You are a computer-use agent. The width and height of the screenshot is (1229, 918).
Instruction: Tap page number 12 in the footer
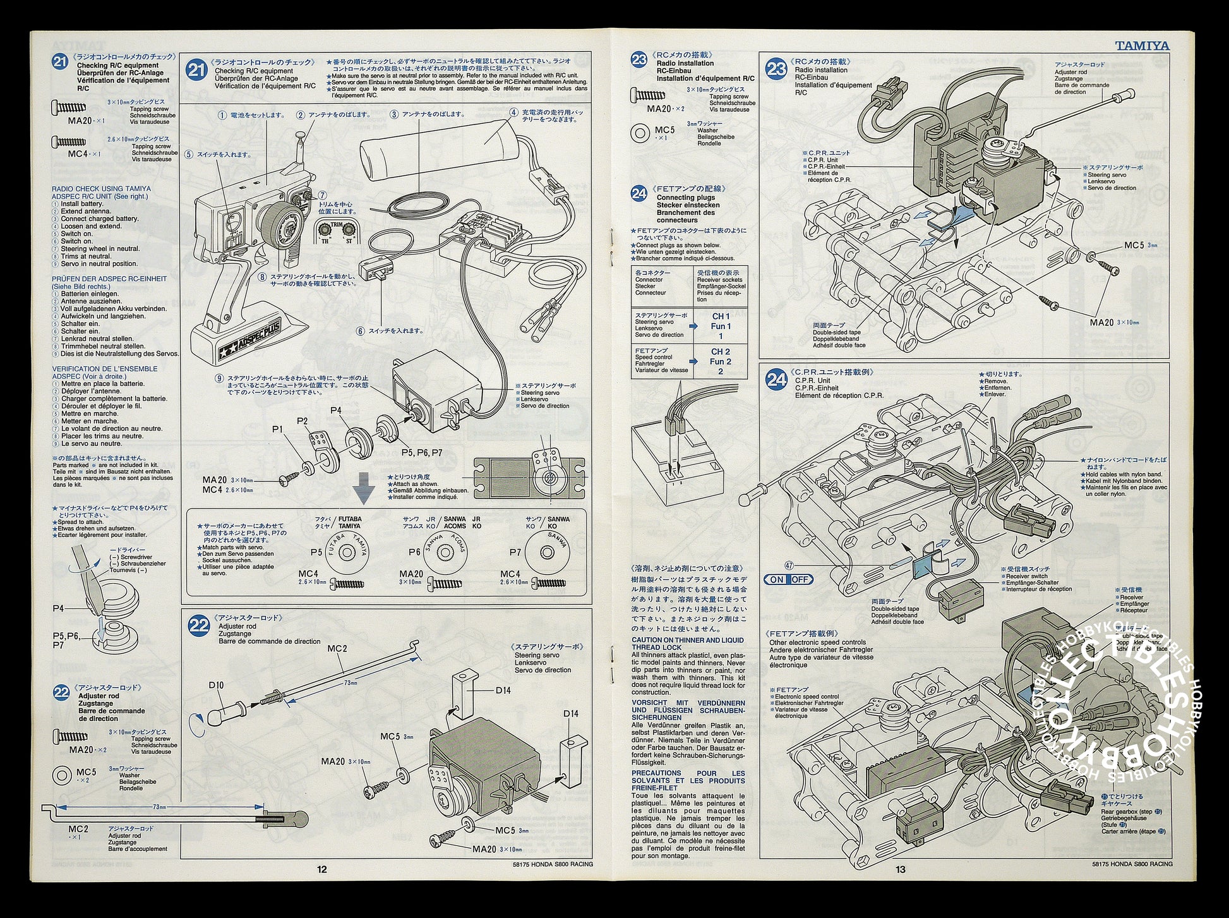tap(322, 869)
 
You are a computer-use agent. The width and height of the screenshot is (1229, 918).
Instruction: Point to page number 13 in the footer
tap(901, 869)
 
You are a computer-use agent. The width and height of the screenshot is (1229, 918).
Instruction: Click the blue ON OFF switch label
tap(788, 579)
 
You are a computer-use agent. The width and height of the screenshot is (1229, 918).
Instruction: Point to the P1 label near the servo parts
tap(278, 429)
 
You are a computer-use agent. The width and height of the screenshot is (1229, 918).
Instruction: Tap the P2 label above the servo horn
tap(303, 421)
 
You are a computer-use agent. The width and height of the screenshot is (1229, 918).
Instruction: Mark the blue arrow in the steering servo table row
tap(693, 326)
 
